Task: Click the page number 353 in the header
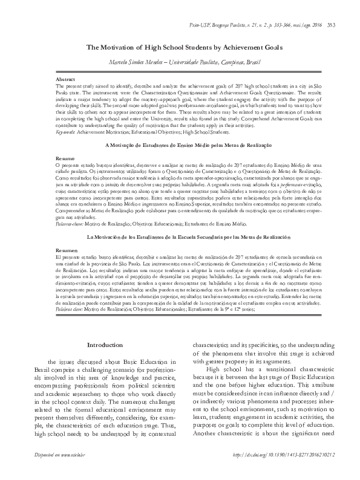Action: coord(348,24)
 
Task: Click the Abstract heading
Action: coord(65,80)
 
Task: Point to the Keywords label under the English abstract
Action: coord(66,131)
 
